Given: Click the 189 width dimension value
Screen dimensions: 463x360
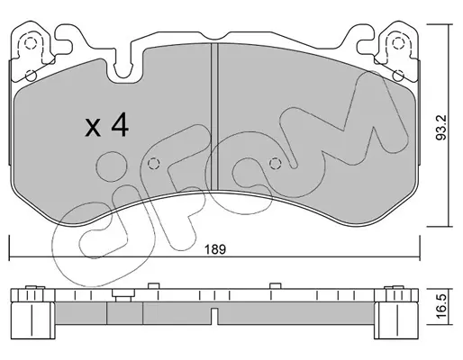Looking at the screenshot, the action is [x=214, y=249].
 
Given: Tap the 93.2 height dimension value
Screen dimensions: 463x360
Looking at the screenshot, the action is [x=441, y=128].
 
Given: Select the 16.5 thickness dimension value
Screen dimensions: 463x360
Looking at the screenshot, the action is [x=441, y=307].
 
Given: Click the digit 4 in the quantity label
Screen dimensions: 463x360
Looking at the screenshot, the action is [x=120, y=126].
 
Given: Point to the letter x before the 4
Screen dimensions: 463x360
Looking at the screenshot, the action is [x=93, y=128].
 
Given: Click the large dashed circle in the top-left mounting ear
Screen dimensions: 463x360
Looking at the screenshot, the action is [x=30, y=44].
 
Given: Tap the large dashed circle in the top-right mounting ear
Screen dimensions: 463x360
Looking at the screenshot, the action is [x=398, y=43].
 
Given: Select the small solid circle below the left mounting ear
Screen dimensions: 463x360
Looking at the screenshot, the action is [x=31, y=76].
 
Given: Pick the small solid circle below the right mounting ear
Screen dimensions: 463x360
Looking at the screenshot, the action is [x=398, y=76].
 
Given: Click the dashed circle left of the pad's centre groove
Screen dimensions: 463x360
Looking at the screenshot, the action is [x=153, y=164].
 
